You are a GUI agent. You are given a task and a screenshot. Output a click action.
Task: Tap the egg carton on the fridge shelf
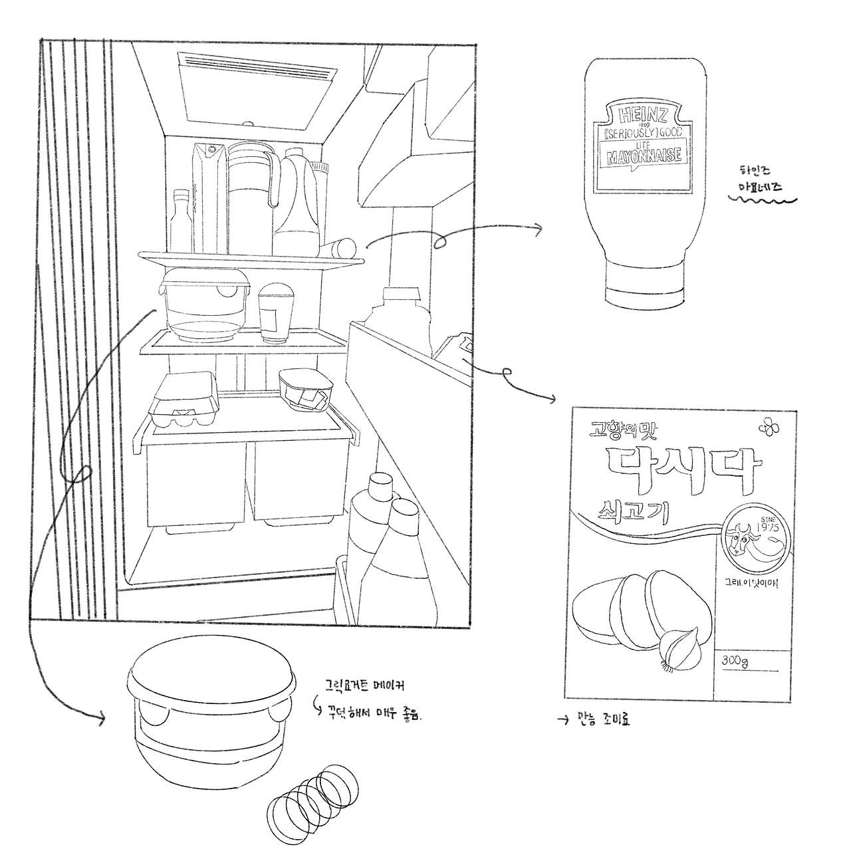pos(183,401)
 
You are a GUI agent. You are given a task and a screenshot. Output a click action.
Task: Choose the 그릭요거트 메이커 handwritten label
pos(365,683)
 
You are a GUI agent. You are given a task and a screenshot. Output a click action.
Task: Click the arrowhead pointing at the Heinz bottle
pos(539,229)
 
